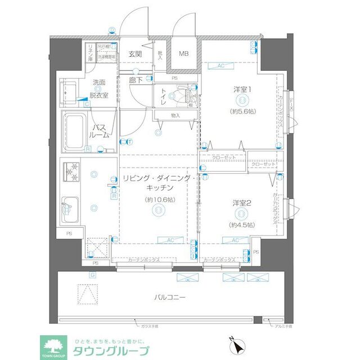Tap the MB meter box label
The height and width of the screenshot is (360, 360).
point(184,54)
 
